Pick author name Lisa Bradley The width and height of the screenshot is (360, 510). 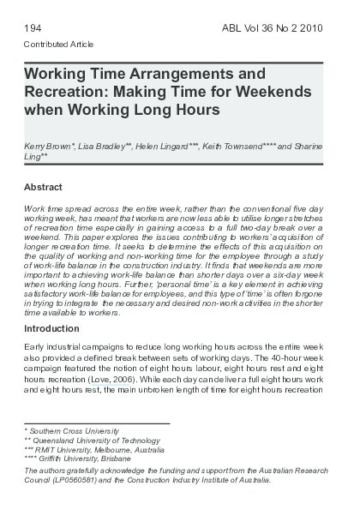pos(105,148)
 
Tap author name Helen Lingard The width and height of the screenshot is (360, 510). pos(166,148)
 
